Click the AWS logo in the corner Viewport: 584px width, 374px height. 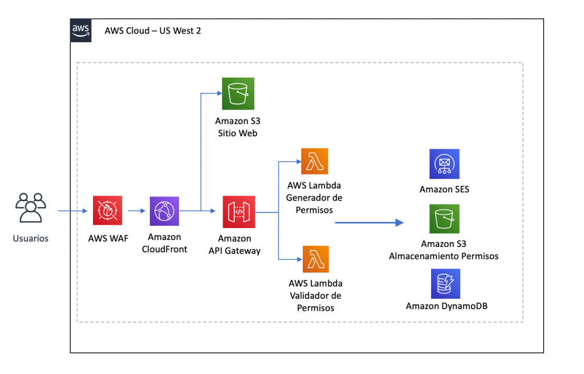coord(80,30)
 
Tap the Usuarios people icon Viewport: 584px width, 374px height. coord(31,208)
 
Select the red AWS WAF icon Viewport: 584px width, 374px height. coord(107,211)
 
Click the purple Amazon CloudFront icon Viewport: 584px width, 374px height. coord(164,212)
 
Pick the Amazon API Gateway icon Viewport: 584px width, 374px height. coord(238,212)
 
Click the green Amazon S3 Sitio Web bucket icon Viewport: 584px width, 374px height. coord(238,93)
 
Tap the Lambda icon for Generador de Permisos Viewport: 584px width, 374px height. coord(314,163)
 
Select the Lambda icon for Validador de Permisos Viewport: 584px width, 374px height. coord(314,260)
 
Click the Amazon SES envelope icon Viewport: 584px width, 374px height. coord(444,164)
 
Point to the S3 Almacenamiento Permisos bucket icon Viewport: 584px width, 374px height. coord(444,219)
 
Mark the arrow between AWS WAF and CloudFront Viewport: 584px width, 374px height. coord(136,212)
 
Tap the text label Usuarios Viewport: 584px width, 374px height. coord(31,238)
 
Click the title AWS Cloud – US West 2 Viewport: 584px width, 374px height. coord(152,31)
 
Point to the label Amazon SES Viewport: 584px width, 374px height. coord(444,189)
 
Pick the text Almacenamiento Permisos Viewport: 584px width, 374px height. coord(444,256)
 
